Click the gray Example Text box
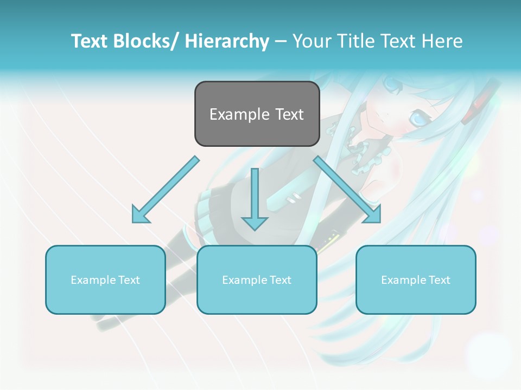pyautogui.click(x=257, y=114)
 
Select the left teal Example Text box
pyautogui.click(x=105, y=279)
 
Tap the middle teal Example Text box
pyautogui.click(x=257, y=279)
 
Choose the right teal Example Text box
pyautogui.click(x=416, y=279)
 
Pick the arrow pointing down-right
pyautogui.click(x=347, y=190)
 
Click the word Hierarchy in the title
pyautogui.click(x=227, y=41)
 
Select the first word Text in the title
pyautogui.click(x=91, y=41)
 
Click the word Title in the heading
pyautogui.click(x=355, y=41)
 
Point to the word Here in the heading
pyautogui.click(x=441, y=41)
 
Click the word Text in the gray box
pyautogui.click(x=290, y=114)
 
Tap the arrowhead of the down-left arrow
pyautogui.click(x=140, y=214)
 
